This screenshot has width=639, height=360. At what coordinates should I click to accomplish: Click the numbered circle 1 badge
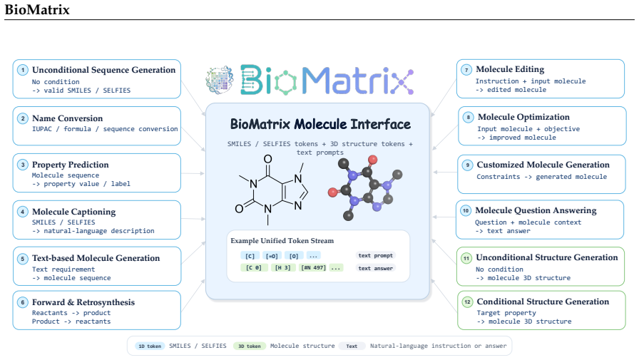click(23, 70)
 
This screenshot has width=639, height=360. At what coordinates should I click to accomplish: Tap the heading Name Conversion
click(67, 118)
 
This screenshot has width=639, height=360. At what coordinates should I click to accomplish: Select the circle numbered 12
click(467, 302)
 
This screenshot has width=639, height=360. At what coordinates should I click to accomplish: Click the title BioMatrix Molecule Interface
click(320, 124)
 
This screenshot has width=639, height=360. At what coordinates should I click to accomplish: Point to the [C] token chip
click(250, 256)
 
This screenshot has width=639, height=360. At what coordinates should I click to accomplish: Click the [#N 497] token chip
click(313, 267)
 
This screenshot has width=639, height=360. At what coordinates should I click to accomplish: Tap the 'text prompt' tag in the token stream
click(375, 255)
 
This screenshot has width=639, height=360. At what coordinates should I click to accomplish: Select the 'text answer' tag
click(375, 268)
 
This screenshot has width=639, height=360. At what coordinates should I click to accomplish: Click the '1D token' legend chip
click(150, 346)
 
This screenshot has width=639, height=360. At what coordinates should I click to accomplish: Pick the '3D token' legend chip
click(250, 346)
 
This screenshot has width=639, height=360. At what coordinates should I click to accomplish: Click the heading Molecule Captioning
click(73, 212)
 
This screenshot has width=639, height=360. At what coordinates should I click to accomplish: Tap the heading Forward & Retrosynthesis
click(83, 302)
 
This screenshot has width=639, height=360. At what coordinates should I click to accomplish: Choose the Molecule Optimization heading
click(523, 117)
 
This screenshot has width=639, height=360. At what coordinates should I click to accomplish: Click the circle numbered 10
click(466, 210)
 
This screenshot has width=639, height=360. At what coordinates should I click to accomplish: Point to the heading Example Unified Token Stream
click(282, 241)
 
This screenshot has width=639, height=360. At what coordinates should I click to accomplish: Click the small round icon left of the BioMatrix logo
click(220, 80)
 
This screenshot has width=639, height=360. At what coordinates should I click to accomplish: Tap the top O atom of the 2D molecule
click(267, 159)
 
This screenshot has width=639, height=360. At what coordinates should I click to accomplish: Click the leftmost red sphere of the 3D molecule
click(333, 192)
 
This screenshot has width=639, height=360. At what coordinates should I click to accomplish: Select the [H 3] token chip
click(283, 267)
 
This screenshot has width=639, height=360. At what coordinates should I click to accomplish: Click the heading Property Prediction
click(71, 165)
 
